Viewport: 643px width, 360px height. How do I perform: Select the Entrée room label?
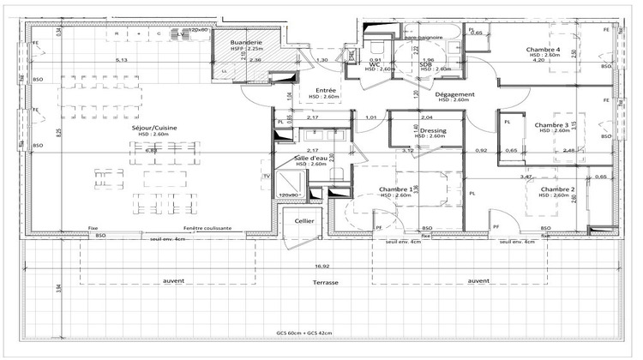325,90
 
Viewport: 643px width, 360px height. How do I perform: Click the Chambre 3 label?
551,125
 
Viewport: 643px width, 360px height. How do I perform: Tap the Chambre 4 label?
543,50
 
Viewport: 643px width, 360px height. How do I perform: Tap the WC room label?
375,63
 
